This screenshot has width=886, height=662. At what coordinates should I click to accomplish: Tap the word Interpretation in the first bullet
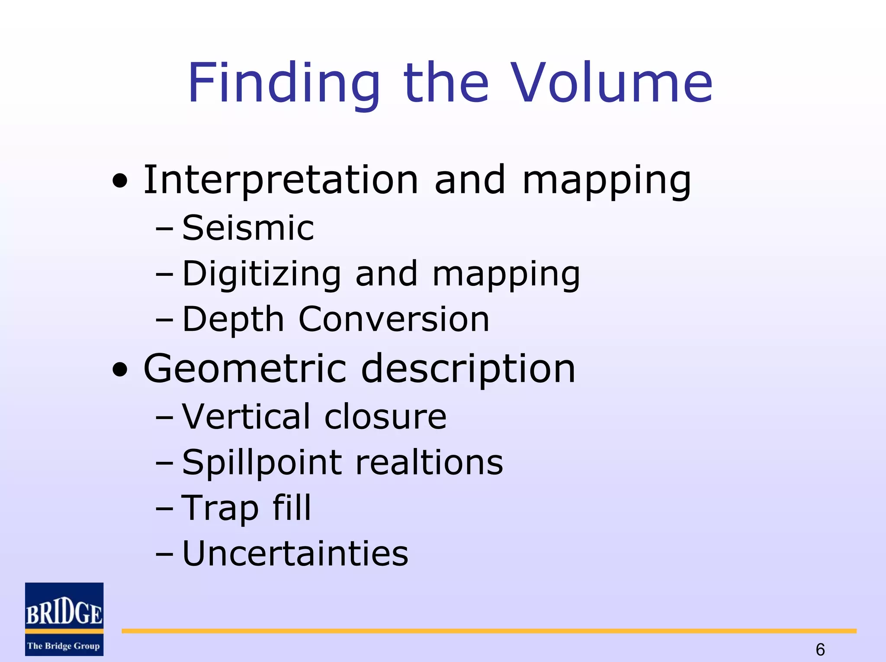coord(281,180)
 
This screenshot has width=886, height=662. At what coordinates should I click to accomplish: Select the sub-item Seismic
coord(248,228)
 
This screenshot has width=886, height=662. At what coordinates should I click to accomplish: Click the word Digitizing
coord(262,274)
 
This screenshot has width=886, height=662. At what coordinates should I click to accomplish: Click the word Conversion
coord(394,320)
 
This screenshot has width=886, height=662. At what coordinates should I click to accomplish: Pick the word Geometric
coord(245,368)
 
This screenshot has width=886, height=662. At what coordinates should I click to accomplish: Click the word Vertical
coord(246,416)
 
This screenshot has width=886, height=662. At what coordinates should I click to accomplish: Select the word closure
coord(385,416)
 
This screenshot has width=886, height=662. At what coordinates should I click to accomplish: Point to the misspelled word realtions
coord(429,462)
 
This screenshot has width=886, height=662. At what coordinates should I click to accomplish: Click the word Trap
coord(220,508)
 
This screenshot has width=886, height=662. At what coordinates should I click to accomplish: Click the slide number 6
coord(820,649)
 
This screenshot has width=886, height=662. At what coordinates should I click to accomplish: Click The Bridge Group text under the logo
coord(64,646)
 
